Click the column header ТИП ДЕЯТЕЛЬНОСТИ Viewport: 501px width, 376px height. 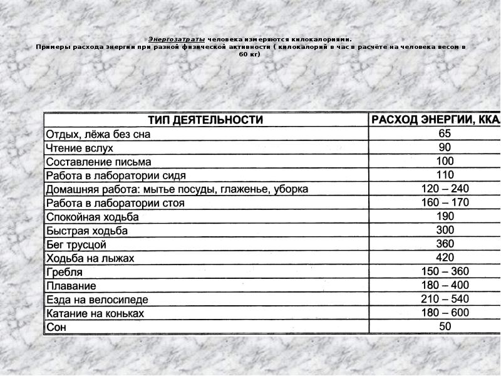[x=205, y=120]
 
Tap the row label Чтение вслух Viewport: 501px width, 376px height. [x=79, y=148]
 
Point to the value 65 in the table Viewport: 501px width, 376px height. [x=445, y=133]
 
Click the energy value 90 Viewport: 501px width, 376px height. [x=445, y=147]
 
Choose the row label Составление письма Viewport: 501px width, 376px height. [x=98, y=162]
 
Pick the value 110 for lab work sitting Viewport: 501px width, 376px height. [x=445, y=175]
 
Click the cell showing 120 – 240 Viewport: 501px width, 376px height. [x=445, y=189]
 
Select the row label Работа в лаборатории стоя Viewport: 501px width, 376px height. [x=115, y=203]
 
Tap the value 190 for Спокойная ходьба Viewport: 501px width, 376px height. [x=445, y=216]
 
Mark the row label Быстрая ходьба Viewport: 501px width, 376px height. [x=86, y=231]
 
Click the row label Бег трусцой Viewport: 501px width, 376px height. [x=76, y=244]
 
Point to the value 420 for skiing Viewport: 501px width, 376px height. [x=445, y=258]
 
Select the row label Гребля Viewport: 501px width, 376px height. [x=64, y=273]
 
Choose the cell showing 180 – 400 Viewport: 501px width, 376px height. [x=445, y=285]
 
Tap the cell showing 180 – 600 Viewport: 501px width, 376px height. [x=445, y=313]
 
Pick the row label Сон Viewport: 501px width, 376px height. [x=56, y=327]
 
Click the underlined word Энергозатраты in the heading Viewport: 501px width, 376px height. [x=177, y=38]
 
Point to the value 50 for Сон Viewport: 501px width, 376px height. [x=445, y=326]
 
